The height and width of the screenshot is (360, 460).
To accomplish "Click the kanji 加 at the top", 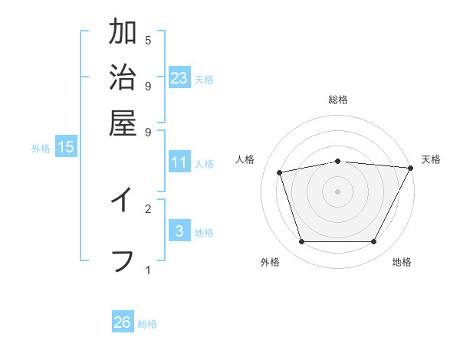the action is (123, 33).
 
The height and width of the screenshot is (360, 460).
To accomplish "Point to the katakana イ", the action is (123, 200).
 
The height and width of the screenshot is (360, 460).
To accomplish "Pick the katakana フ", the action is (123, 260).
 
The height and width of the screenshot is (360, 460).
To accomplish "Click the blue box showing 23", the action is (179, 78).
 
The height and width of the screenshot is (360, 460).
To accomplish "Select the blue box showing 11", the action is (179, 162).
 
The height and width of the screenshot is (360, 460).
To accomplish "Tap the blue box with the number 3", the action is (179, 231).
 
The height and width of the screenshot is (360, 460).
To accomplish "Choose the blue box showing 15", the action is (66, 147).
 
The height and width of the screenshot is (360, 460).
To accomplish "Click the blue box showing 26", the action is (123, 322).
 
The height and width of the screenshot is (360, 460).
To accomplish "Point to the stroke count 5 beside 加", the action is (148, 40).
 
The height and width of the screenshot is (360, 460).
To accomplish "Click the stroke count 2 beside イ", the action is (148, 208).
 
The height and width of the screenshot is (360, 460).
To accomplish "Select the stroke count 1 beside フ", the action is (148, 270).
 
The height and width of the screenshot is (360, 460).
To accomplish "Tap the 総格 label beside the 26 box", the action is (148, 324).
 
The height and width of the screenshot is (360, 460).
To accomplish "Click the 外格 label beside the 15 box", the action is (41, 149).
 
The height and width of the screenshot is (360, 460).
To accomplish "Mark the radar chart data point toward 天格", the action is (411, 168).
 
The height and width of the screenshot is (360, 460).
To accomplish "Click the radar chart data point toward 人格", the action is (280, 172).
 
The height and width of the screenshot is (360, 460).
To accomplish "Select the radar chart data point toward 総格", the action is (337, 161).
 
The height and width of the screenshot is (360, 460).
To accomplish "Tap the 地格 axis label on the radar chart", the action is (402, 263).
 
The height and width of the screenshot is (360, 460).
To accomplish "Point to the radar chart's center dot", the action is (337, 191).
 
